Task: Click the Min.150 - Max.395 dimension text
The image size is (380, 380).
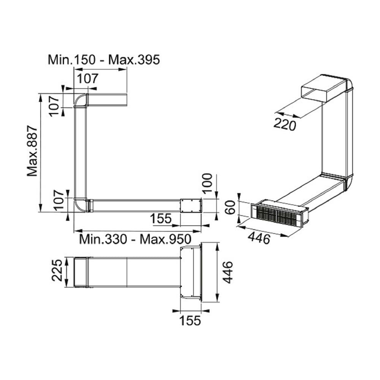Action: click(104, 60)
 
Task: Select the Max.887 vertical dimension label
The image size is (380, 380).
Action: click(32, 151)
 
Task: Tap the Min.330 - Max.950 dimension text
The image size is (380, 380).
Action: click(135, 239)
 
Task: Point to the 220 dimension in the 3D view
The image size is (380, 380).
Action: click(285, 125)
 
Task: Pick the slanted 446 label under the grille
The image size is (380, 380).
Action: click(259, 238)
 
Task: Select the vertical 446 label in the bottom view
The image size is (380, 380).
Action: click(228, 272)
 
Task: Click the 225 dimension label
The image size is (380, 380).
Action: click(57, 270)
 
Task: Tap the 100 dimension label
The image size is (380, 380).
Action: click(207, 183)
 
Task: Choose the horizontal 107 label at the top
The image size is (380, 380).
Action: click(88, 78)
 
